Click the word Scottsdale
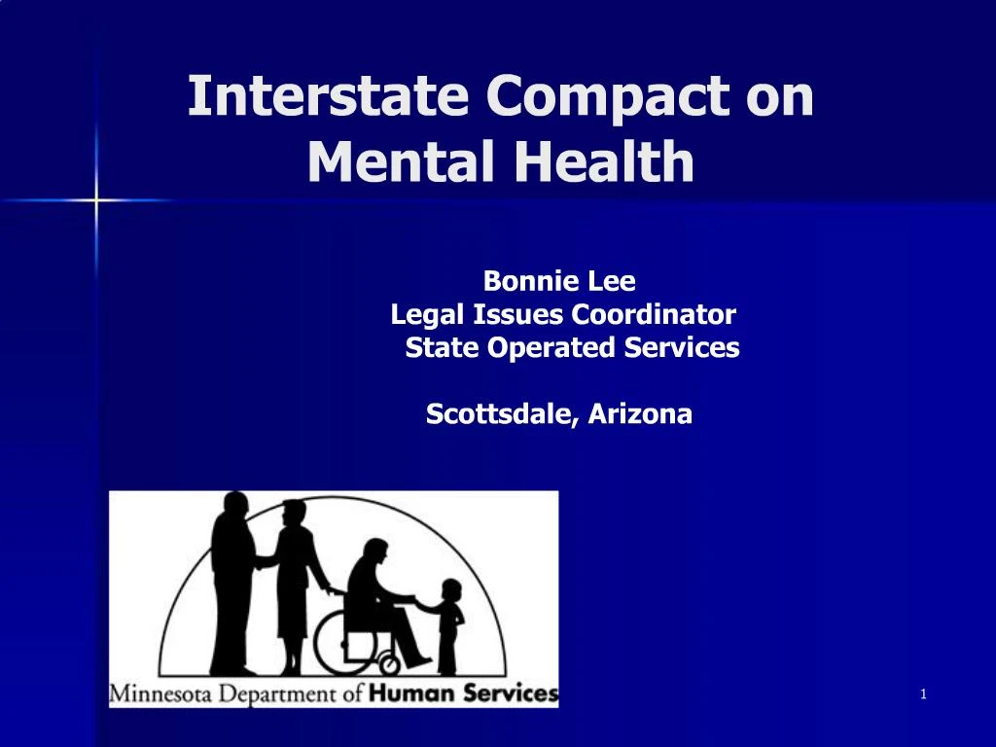coord(501,414)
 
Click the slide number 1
coord(922,694)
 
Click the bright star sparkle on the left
coord(96,201)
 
